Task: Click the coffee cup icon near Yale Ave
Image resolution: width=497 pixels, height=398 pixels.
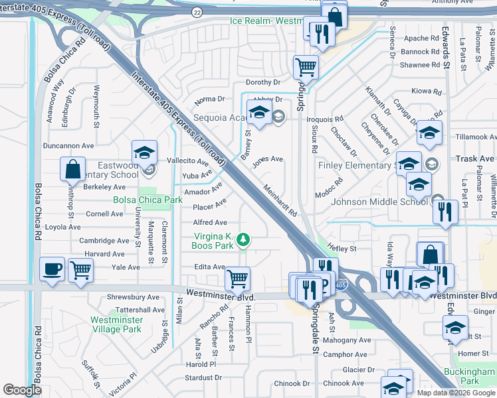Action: tap(51, 269)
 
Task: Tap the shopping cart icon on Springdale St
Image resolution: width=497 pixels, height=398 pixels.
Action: tap(305, 66)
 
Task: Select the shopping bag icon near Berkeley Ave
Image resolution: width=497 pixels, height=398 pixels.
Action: tap(72, 169)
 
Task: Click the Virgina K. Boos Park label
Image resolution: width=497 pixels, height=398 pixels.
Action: tap(213, 241)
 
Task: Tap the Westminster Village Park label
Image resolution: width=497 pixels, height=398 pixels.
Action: tap(116, 324)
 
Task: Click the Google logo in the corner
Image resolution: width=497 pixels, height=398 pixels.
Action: tap(22, 390)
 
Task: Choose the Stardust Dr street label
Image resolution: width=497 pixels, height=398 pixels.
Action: tap(203, 377)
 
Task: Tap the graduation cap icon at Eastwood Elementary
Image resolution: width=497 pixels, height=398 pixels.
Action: tap(144, 152)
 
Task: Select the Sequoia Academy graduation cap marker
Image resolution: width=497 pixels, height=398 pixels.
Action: tap(258, 112)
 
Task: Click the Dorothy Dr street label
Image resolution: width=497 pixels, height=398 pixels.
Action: tap(263, 82)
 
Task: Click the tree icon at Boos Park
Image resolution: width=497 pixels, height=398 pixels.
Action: tap(243, 238)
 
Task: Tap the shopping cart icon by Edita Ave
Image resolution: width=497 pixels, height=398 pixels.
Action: tap(237, 278)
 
